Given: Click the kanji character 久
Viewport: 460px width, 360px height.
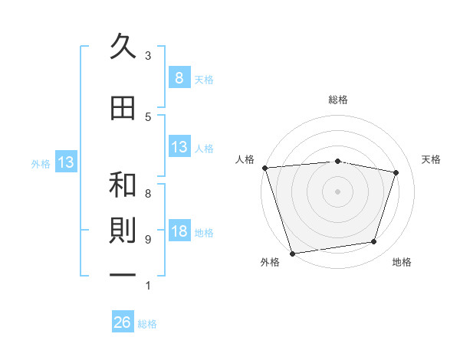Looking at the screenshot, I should tap(123, 47).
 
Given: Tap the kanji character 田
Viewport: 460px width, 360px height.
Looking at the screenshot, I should tap(123, 108).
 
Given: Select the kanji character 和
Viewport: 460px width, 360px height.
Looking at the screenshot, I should tap(123, 185).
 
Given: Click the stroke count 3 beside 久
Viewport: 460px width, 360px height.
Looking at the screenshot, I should tap(148, 56).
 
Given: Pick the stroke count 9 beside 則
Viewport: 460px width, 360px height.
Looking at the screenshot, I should tap(148, 240).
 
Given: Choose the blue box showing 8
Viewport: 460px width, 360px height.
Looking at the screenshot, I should tap(179, 77).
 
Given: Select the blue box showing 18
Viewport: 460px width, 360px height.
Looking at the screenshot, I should tap(179, 232).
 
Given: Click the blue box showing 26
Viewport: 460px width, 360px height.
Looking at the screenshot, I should tap(123, 322).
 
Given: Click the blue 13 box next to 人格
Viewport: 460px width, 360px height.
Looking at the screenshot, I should tap(179, 147).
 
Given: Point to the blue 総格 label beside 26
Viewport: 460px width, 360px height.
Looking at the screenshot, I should tap(147, 324).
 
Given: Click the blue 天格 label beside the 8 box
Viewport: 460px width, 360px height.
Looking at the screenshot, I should tap(204, 79).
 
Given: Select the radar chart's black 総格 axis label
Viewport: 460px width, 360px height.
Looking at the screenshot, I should tap(338, 100).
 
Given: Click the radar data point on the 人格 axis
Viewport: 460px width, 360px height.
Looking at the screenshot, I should tap(264, 168).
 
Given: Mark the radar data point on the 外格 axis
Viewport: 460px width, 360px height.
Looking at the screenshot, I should tap(292, 252).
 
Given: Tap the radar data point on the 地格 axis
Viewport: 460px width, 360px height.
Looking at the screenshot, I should tap(373, 242).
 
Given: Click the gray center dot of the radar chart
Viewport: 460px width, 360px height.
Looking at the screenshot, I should tap(337, 191).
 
